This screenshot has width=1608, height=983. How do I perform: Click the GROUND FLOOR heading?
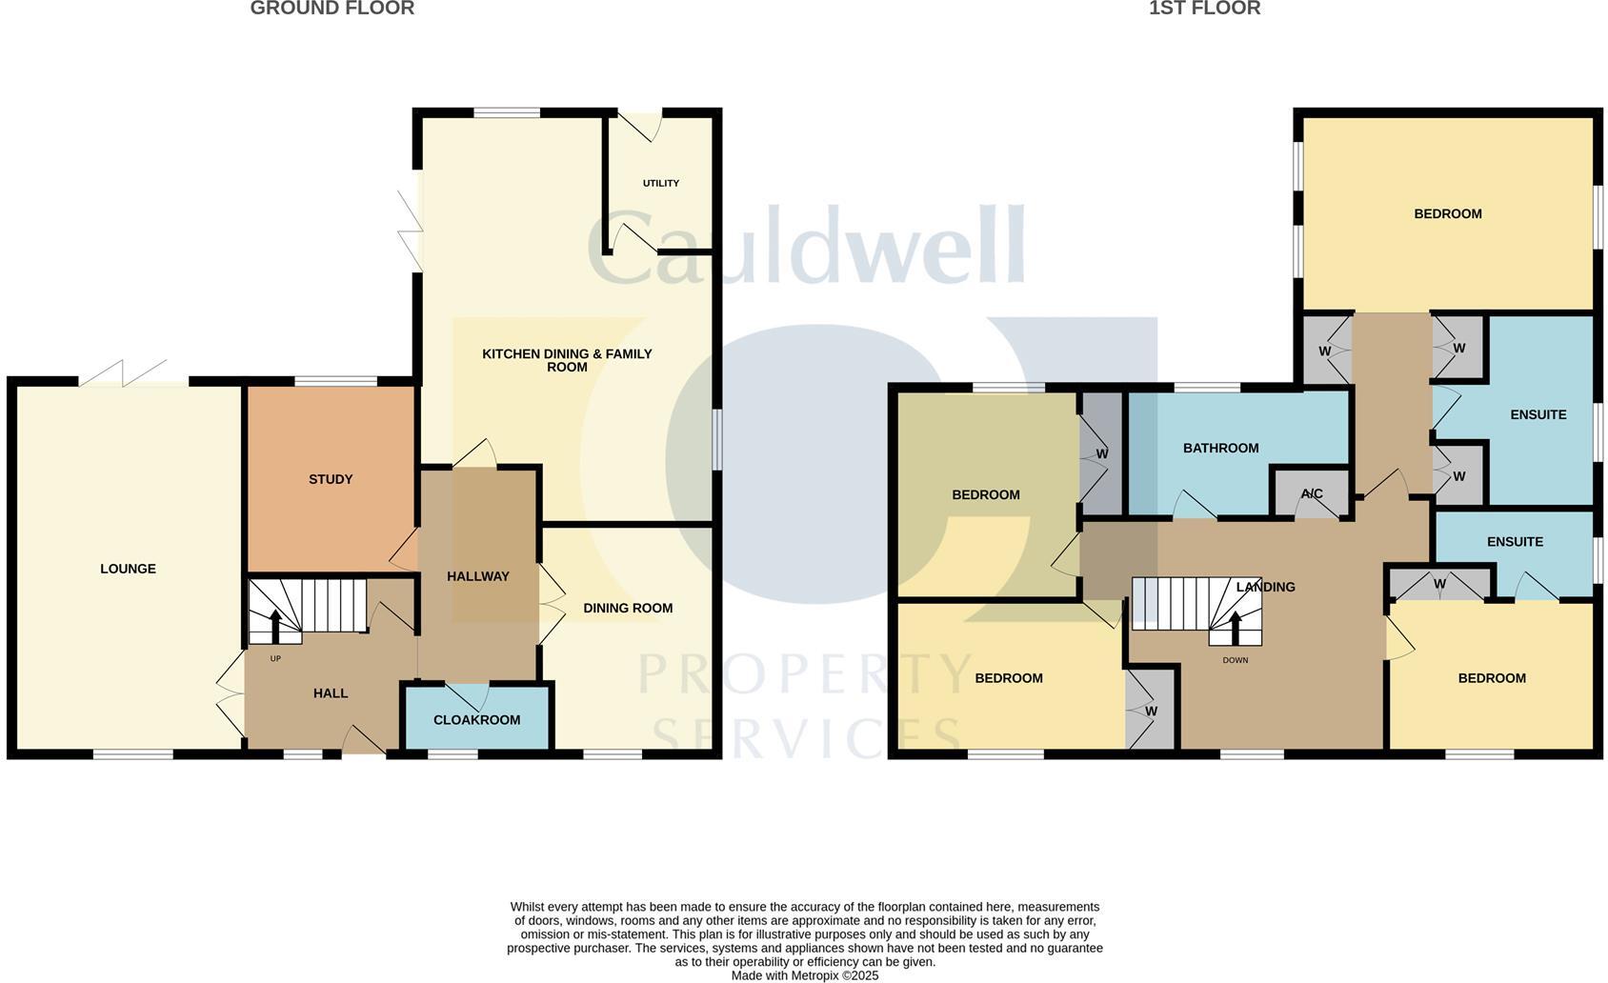[x=332, y=9]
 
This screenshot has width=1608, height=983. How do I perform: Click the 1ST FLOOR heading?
[x=1204, y=9]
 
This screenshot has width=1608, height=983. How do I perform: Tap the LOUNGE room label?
[x=128, y=569]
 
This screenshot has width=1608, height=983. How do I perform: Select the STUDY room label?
[x=331, y=479]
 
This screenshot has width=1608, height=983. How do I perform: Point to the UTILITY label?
[x=660, y=183]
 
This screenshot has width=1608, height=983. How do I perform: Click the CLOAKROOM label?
[x=476, y=720]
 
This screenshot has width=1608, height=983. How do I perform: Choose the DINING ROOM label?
[x=628, y=608]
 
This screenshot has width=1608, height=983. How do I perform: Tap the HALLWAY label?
[x=478, y=576]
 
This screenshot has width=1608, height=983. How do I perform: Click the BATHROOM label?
[x=1220, y=448]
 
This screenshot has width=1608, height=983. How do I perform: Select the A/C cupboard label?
[x=1312, y=493]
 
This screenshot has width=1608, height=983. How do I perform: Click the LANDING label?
[x=1266, y=587]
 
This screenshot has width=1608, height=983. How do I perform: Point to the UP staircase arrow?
[x=275, y=627]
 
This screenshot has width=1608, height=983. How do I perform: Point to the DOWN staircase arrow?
[x=1236, y=628]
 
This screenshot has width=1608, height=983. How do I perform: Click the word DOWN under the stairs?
[x=1235, y=660]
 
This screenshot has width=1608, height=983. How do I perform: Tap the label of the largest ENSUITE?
[x=1538, y=414]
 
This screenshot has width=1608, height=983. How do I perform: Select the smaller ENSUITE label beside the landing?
[x=1515, y=542]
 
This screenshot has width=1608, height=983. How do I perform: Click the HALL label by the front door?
[x=331, y=693]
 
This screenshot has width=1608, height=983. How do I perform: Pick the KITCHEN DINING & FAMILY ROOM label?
[x=567, y=360]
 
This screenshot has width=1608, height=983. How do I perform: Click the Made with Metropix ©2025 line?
[x=804, y=975]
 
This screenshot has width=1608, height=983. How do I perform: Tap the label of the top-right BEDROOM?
[x=1447, y=214]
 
